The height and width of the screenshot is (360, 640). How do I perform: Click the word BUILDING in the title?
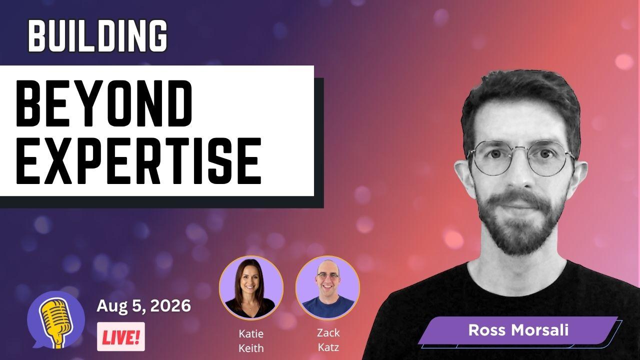point(97,35)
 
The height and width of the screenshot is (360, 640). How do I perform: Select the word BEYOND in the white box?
point(104,103)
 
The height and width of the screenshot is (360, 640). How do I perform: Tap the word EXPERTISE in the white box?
point(139,161)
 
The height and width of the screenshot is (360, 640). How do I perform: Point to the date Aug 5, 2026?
point(143,306)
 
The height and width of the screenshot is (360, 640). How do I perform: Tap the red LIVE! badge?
point(121,336)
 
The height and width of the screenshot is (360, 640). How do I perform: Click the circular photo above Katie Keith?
point(251,287)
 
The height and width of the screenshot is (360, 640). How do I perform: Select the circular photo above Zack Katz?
point(327,287)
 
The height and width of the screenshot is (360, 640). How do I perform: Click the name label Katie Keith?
point(251,341)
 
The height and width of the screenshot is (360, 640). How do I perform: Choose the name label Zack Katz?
point(328,340)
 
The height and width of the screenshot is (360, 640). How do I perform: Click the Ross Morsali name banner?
point(518,330)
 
